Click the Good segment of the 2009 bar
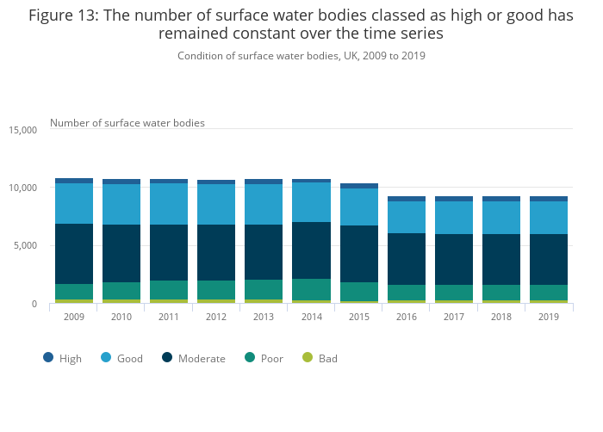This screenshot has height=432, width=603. pyautogui.click(x=74, y=204)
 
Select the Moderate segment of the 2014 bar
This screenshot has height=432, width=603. pyautogui.click(x=311, y=250)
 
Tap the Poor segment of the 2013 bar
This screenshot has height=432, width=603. pyautogui.click(x=264, y=289)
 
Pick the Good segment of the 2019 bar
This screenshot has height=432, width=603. pyautogui.click(x=548, y=218)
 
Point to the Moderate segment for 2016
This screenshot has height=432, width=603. pyautogui.click(x=406, y=259)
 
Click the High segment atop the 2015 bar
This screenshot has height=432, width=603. pyautogui.click(x=358, y=186)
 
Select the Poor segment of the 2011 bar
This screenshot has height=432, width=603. pyautogui.click(x=169, y=290)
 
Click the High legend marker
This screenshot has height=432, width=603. pyautogui.click(x=48, y=357)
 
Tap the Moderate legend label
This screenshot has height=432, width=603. pyautogui.click(x=201, y=358)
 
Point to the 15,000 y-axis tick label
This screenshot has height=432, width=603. pyautogui.click(x=22, y=130)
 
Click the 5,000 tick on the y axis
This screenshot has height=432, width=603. pyautogui.click(x=26, y=246)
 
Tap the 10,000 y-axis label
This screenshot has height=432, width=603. pyautogui.click(x=22, y=188)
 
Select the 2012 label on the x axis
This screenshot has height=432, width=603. pyautogui.click(x=216, y=317)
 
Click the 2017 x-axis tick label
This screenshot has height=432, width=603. pyautogui.click(x=453, y=317)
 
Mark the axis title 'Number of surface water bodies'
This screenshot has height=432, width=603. pyautogui.click(x=127, y=123)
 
